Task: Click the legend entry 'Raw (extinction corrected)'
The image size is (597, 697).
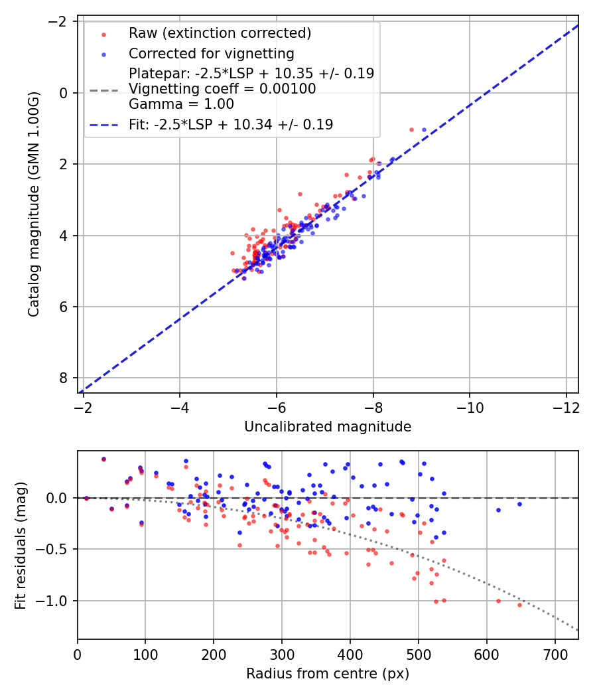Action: click(x=219, y=33)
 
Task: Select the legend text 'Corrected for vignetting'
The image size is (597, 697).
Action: click(x=211, y=53)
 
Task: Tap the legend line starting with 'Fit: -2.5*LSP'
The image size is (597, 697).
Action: click(x=231, y=124)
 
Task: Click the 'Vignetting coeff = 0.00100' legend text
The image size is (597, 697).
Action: click(x=222, y=88)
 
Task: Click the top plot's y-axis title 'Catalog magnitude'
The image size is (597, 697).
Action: click(x=34, y=204)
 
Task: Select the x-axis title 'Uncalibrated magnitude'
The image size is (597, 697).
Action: click(x=328, y=427)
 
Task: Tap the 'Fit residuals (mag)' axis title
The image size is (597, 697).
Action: click(x=21, y=544)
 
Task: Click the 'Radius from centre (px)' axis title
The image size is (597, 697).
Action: click(x=328, y=674)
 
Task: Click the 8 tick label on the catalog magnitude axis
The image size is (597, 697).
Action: click(x=64, y=378)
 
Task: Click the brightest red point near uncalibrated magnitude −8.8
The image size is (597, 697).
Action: click(x=411, y=129)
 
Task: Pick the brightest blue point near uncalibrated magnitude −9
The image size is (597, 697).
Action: click(x=424, y=129)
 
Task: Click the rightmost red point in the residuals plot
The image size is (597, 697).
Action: click(x=519, y=605)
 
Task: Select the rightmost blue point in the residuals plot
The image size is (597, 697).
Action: click(x=519, y=504)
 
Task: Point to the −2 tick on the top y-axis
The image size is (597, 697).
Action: click(x=60, y=22)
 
